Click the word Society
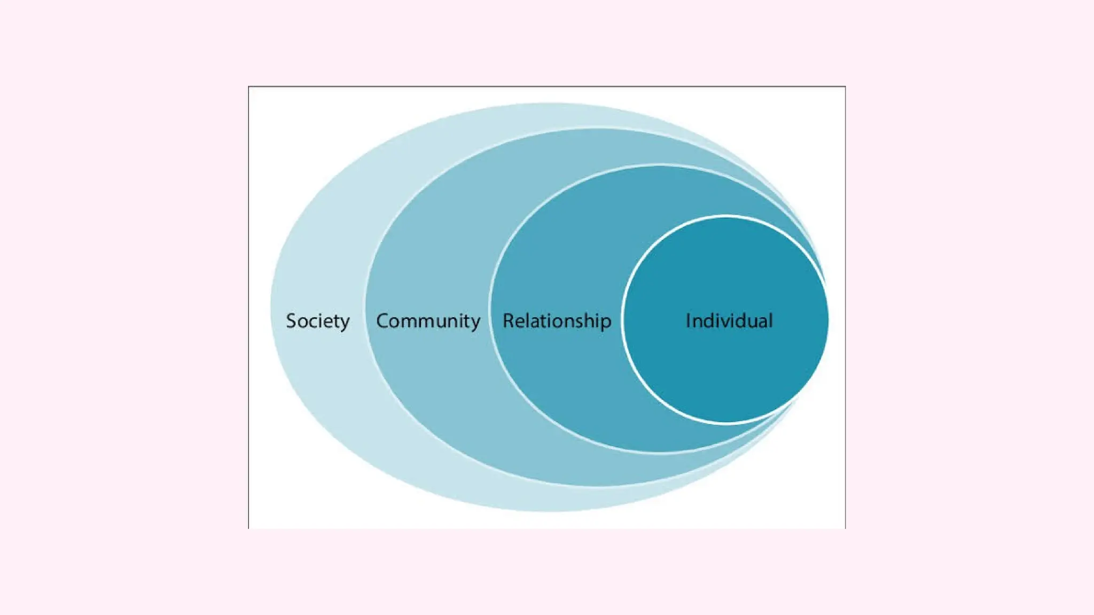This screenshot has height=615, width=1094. (318, 321)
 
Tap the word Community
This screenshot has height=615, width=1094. (428, 321)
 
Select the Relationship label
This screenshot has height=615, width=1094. (557, 321)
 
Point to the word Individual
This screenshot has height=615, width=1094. (729, 321)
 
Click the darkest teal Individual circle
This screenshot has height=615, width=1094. (726, 374)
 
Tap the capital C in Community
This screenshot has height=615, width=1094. (382, 321)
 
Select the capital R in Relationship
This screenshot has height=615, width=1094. (509, 321)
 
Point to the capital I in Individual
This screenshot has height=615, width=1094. (688, 321)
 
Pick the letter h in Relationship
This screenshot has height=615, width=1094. (591, 321)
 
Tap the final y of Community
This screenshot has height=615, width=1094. (474, 322)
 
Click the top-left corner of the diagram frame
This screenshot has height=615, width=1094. (249, 86)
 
